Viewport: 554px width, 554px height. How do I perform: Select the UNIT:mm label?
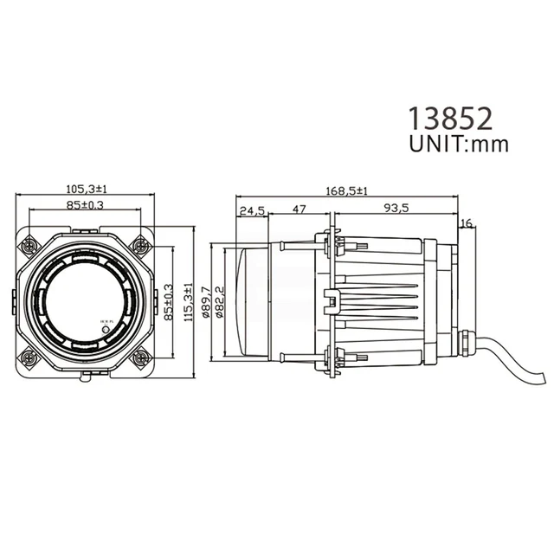point(458,144)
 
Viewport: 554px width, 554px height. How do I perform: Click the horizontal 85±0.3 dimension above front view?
point(86,205)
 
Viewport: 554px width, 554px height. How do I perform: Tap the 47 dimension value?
point(299,209)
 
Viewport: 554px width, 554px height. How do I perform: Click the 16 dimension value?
point(467,223)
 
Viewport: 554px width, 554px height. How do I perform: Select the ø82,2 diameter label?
point(220,302)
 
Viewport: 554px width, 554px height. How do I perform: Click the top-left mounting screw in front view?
point(30,245)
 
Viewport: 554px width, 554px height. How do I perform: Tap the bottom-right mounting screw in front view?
point(139,356)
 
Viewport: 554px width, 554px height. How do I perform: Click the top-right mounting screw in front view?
point(139,245)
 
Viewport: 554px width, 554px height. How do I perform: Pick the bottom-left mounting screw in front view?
point(30,356)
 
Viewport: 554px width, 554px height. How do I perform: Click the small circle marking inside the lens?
point(106,329)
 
